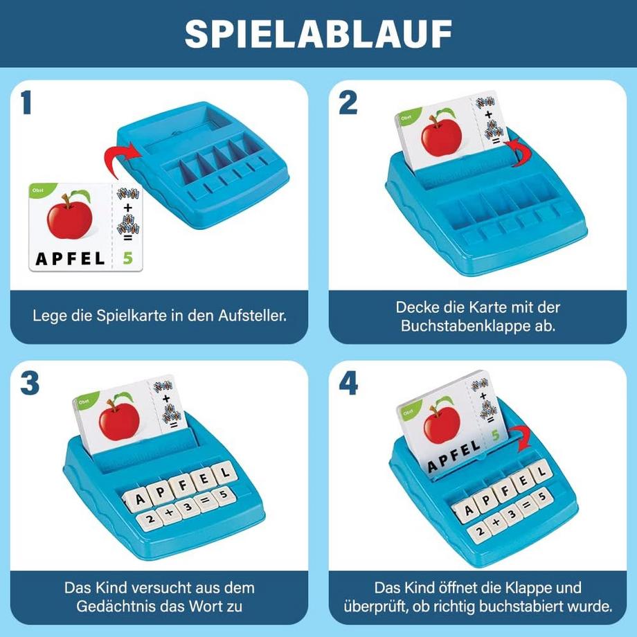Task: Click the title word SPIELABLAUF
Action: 318,33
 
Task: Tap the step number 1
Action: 27,103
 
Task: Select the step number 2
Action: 348,103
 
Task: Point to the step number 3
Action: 29,383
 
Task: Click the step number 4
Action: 348,383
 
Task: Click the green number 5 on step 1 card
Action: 127,258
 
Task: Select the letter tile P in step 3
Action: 161,491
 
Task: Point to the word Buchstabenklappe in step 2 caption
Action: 460,325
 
